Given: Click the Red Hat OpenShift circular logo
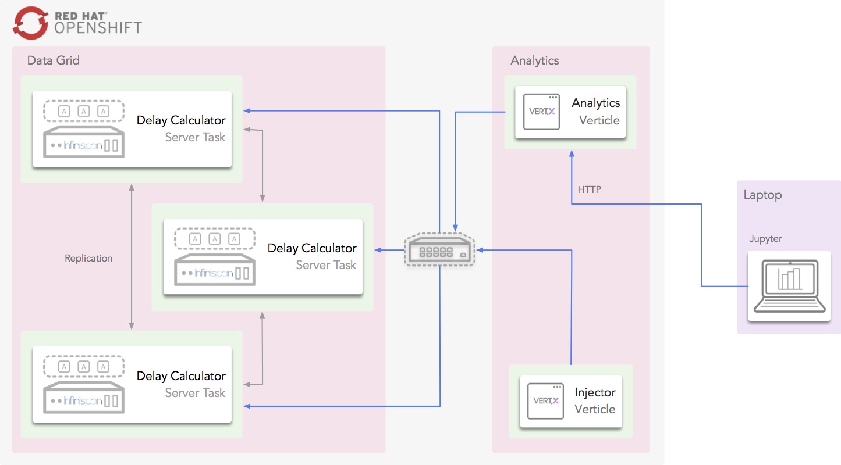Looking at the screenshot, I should pos(30,22).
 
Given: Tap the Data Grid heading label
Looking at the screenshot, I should pos(54,60).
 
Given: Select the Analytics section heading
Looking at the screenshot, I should pos(534,60).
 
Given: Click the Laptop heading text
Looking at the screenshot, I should pos(762,195).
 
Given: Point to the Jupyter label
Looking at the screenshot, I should pos(765,239).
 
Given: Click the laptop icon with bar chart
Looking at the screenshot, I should pos(789,285).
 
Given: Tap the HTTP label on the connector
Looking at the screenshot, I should pos(589,189).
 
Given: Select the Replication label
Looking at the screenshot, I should pos(88,258).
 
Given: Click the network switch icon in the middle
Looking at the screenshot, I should pos(440,251).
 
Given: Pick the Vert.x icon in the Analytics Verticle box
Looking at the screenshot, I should pos(541,112).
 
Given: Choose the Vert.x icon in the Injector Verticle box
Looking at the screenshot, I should pos(546,401).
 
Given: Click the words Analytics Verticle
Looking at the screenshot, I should pos(595,112).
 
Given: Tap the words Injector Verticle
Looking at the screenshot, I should pos(595,400).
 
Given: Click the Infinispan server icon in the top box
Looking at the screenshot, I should pos(84,144).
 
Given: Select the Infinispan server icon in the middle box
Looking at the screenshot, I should pos(215,271).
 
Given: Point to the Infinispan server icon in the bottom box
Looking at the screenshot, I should pos(84,399).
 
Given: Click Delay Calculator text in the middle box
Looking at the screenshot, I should pos(312,248).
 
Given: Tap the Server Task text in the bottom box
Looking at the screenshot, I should pos(195,393).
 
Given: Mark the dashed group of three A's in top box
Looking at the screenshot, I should pos(84,111).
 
